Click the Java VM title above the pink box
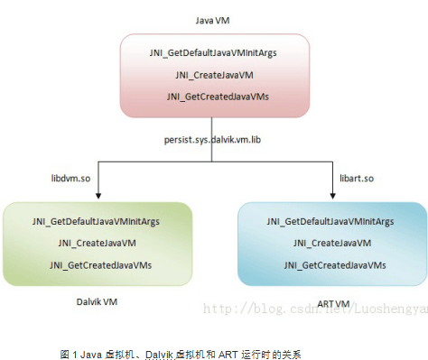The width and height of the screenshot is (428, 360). pos(212,18)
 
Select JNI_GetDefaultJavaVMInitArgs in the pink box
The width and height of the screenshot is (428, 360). pos(213,53)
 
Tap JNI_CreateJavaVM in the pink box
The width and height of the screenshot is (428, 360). pos(213,75)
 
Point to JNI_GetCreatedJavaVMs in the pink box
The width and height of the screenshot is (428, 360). pos(213,96)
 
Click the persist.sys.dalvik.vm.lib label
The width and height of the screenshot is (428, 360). pos(212,141)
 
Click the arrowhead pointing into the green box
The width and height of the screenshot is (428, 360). pos(98,195)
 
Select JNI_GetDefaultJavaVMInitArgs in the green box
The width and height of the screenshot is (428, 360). pos(98,222)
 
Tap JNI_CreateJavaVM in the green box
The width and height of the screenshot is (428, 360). pos(98,244)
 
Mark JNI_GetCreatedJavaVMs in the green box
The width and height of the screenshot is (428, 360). pos(98,265)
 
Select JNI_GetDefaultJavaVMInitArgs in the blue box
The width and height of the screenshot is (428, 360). pos(330,222)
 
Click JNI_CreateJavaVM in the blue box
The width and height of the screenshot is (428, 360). pos(330,244)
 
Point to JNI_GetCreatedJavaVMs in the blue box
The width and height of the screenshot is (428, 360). pos(330,265)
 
